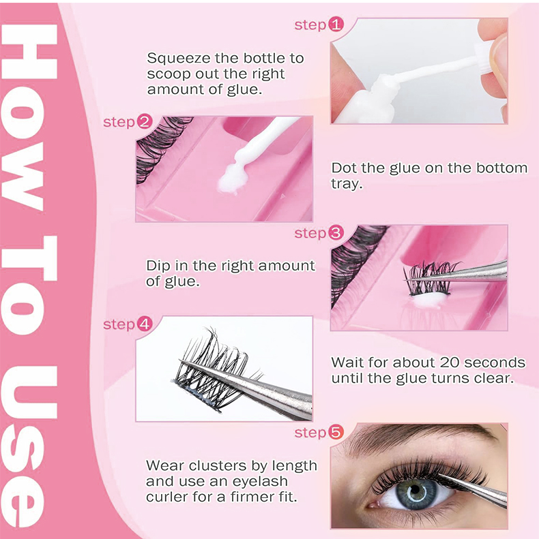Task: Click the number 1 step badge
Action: click(x=336, y=25)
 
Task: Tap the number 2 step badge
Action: click(x=145, y=123)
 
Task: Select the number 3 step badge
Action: click(x=336, y=233)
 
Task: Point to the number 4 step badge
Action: click(x=145, y=324)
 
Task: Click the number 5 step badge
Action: click(x=336, y=433)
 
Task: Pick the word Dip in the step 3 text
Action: click(x=158, y=265)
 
